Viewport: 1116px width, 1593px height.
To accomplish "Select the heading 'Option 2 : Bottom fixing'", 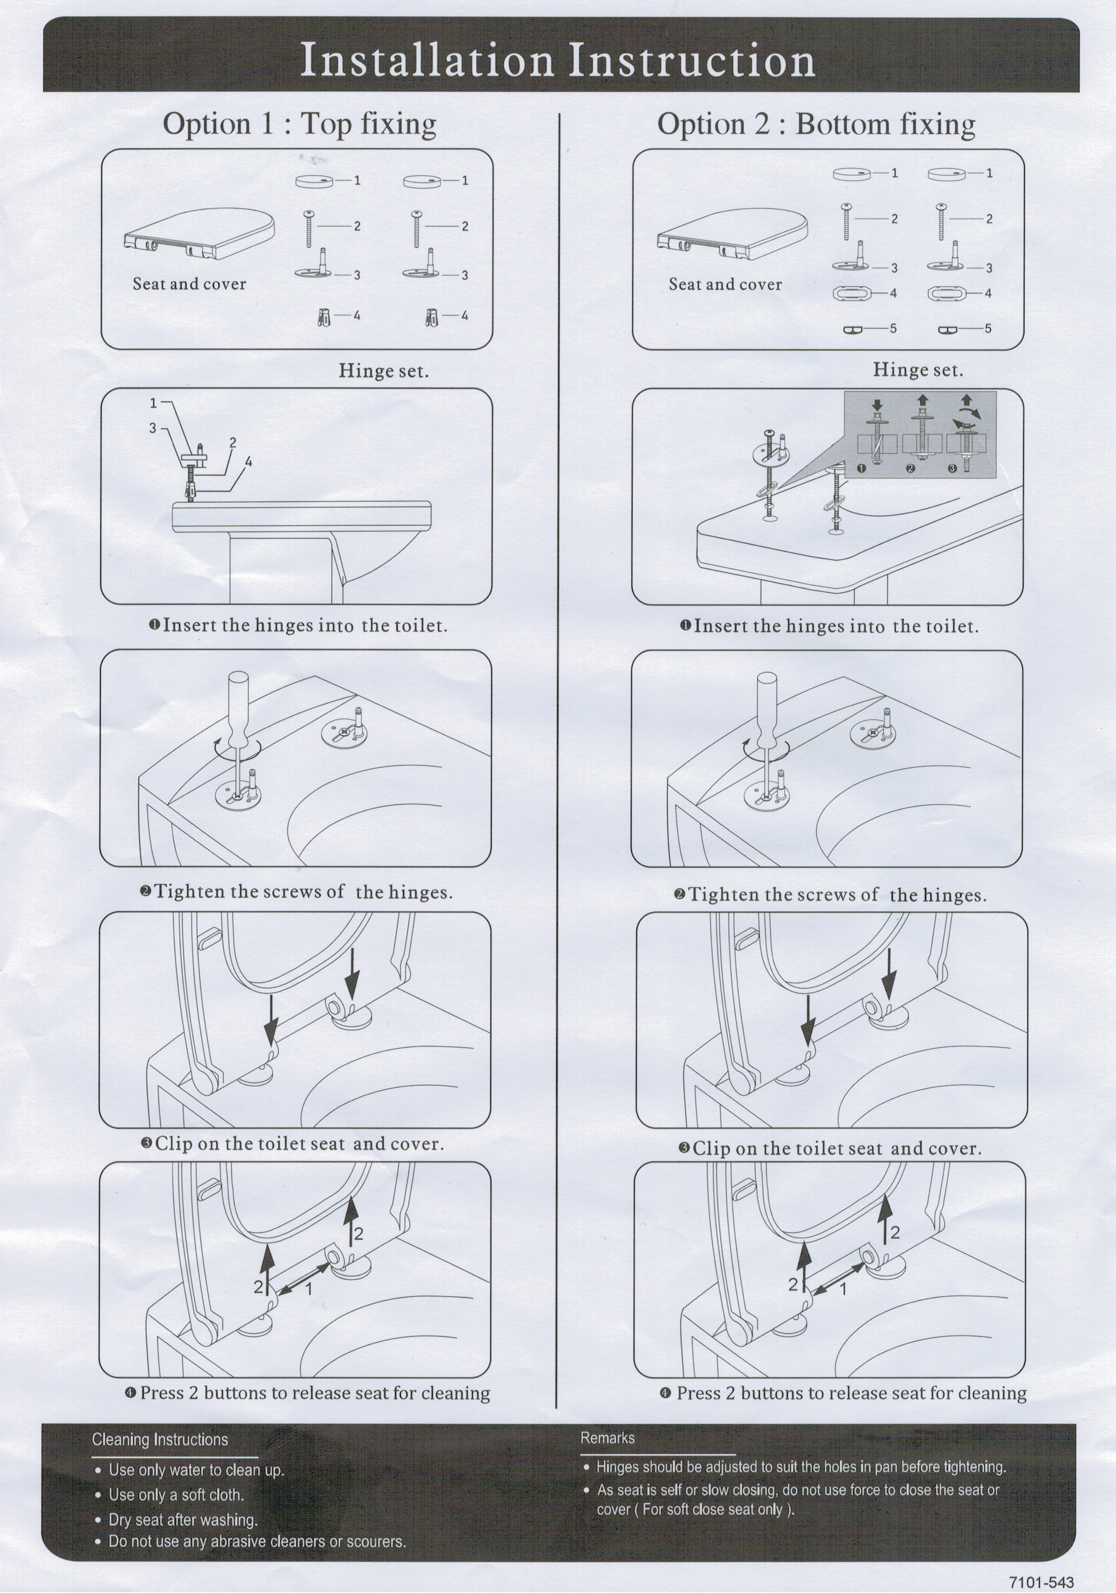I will [816, 125].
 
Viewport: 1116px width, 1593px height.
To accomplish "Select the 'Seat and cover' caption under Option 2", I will [725, 285].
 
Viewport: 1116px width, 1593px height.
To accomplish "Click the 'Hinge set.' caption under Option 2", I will [918, 370].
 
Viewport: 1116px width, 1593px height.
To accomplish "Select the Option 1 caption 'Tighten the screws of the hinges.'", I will [303, 892].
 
